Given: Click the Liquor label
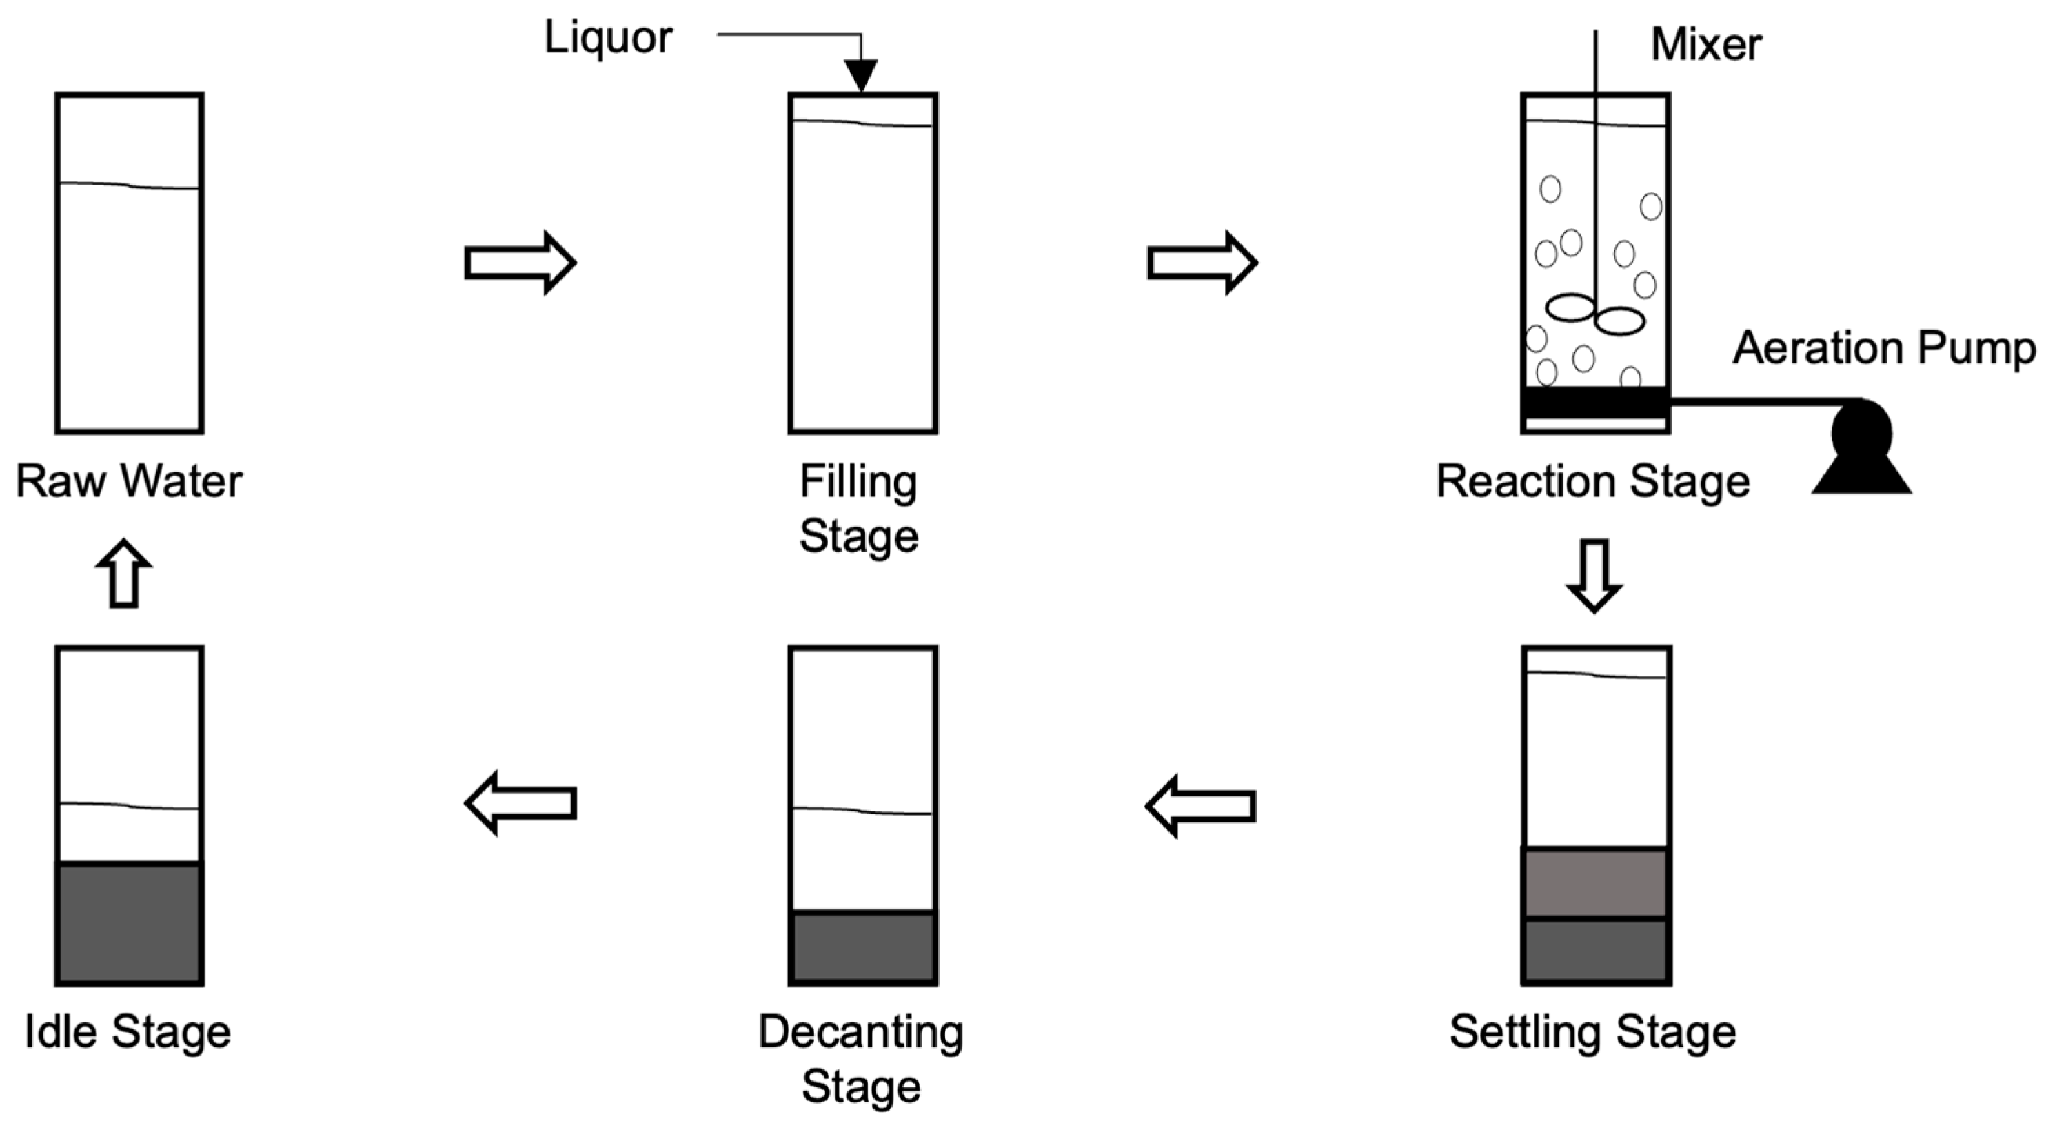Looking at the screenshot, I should click(609, 38).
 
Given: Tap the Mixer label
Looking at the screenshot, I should click(1706, 45).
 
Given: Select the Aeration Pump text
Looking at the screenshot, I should click(1884, 349).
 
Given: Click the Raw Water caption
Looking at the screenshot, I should click(130, 481).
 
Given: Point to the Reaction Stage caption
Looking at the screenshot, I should click(1593, 481).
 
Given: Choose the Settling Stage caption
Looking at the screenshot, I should click(1593, 1032).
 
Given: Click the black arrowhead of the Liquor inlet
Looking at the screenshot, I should click(861, 75).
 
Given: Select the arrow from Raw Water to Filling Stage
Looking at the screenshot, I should click(520, 262).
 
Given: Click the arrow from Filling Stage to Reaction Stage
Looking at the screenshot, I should click(1202, 262).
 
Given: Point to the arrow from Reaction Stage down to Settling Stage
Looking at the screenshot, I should click(1594, 575).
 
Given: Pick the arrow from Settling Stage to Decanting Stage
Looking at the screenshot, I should click(1201, 807).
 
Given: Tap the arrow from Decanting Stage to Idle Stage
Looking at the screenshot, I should click(520, 803).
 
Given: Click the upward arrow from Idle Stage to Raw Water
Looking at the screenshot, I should click(124, 574).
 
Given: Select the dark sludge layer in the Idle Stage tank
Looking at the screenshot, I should click(130, 923).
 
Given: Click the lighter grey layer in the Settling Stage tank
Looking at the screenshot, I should click(1596, 882).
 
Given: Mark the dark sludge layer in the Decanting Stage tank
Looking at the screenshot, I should click(862, 948).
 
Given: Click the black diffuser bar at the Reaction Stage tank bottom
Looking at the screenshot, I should click(1595, 403).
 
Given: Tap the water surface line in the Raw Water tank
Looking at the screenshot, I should click(130, 186).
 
